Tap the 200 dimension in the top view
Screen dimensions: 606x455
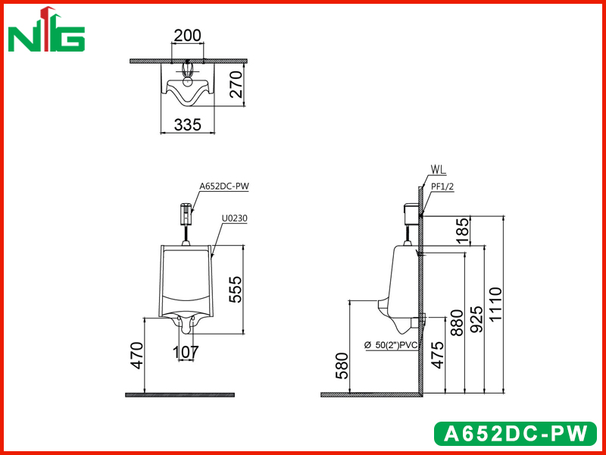pos(187,36)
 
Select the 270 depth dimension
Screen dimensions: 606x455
pos(236,84)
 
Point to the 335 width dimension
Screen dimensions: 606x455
pos(187,125)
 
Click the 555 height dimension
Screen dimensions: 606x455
pos(235,289)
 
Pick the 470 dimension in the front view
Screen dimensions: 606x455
pos(136,356)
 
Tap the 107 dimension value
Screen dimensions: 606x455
pos(186,352)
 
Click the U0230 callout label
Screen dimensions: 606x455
pos(235,218)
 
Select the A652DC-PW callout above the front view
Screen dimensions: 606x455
pos(224,186)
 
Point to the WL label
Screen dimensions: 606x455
pos(438,169)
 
